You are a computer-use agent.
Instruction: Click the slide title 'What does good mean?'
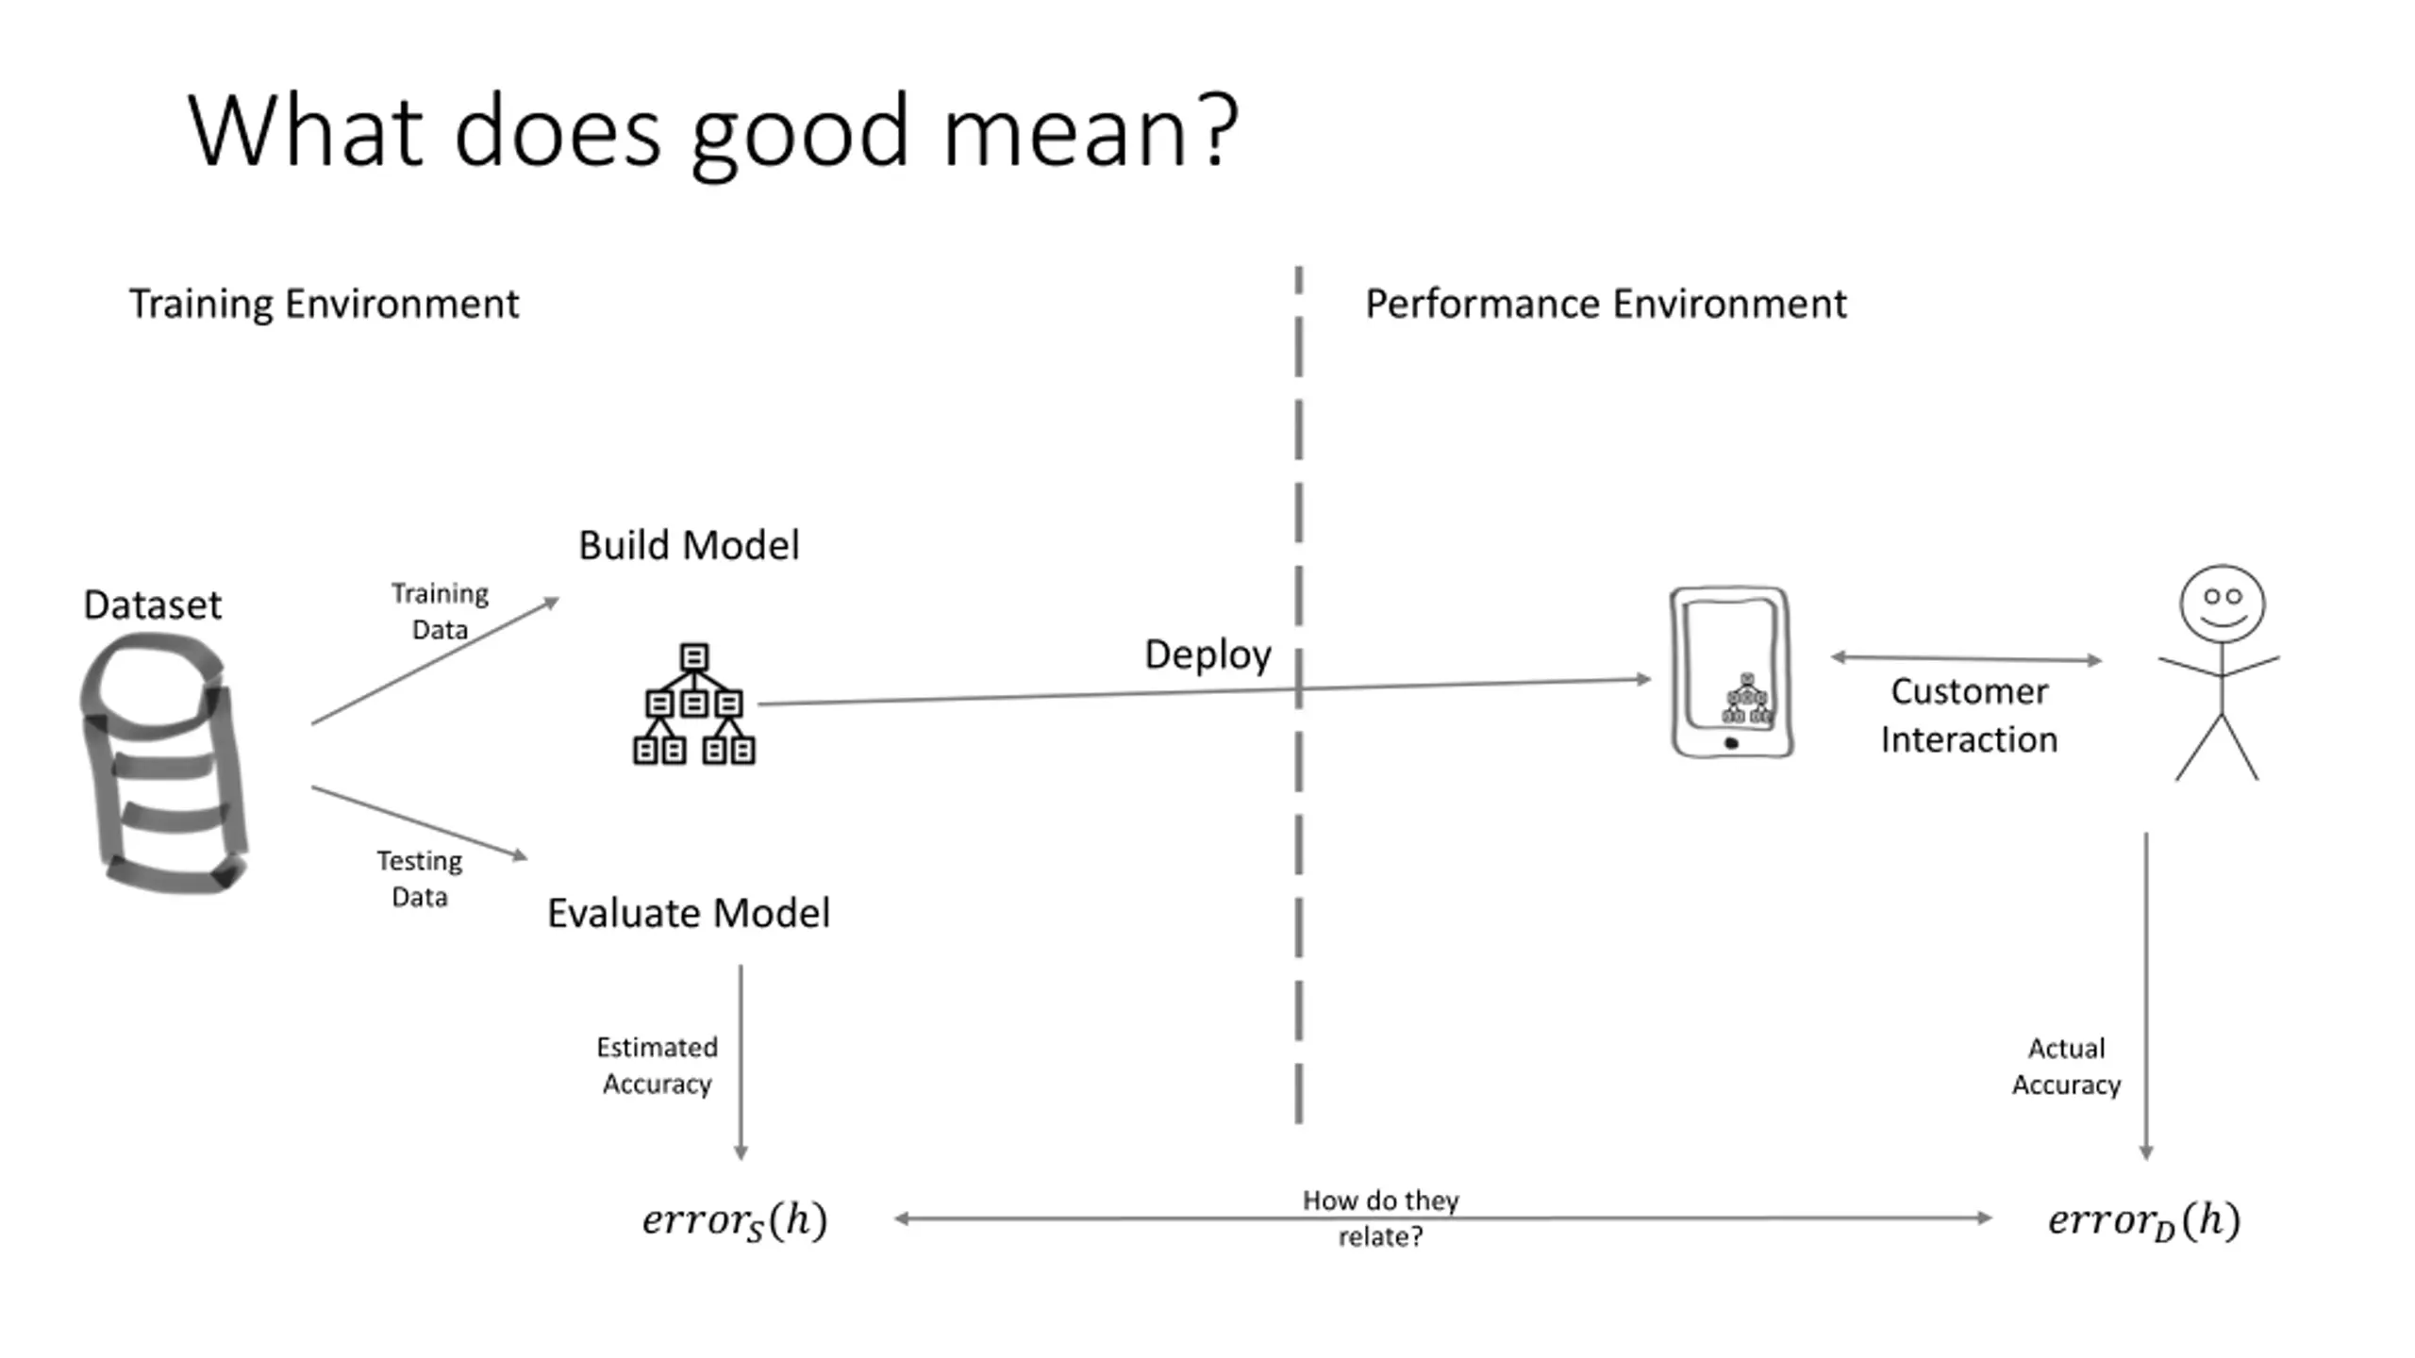[713, 132]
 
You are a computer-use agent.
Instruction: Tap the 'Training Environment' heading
[324, 305]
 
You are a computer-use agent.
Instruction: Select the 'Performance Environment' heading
[1606, 305]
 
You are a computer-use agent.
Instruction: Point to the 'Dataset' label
[153, 604]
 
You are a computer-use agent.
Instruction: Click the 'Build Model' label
[689, 545]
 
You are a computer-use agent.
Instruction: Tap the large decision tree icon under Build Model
[694, 704]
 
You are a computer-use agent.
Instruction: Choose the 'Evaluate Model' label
[689, 913]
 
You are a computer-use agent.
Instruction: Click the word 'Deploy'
[1207, 655]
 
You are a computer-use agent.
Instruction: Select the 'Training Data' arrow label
[440, 611]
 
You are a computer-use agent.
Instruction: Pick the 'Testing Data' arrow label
[420, 878]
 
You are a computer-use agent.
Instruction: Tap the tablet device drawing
[1731, 671]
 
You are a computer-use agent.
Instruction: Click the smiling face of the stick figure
[2222, 604]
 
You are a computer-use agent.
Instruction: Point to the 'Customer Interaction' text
[1970, 716]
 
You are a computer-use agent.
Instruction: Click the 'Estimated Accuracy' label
[658, 1066]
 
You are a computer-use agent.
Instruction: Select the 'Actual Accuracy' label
[2066, 1067]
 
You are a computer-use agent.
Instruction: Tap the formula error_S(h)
[735, 1220]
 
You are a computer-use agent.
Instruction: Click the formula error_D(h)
[2144, 1220]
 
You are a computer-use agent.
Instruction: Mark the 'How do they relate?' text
[1380, 1218]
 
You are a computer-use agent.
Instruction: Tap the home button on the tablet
[1731, 743]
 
